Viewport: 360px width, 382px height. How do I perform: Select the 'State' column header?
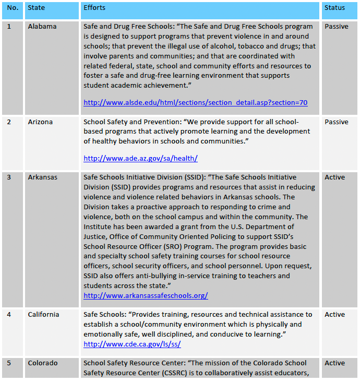(37, 8)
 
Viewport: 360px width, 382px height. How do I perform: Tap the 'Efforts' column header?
(94, 8)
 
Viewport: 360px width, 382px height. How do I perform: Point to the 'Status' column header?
(334, 8)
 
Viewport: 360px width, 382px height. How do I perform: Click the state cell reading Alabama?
(42, 27)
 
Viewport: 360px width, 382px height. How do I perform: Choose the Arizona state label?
(40, 122)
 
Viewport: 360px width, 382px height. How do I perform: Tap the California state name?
(43, 315)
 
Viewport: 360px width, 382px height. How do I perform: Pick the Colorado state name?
(43, 363)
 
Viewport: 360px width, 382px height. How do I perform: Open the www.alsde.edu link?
(195, 103)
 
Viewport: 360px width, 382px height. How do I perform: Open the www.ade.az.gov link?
(140, 158)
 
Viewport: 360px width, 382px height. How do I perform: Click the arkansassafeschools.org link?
(146, 295)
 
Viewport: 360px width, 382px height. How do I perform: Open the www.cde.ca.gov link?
(132, 344)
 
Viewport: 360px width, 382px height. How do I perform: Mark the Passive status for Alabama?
(337, 27)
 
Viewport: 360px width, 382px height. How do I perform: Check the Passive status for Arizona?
(337, 122)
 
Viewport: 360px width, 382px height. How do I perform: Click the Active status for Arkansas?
(334, 177)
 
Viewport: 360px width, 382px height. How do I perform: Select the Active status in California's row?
(334, 315)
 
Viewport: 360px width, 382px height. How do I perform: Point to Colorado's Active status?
(334, 363)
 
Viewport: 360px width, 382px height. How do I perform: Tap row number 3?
(9, 177)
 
